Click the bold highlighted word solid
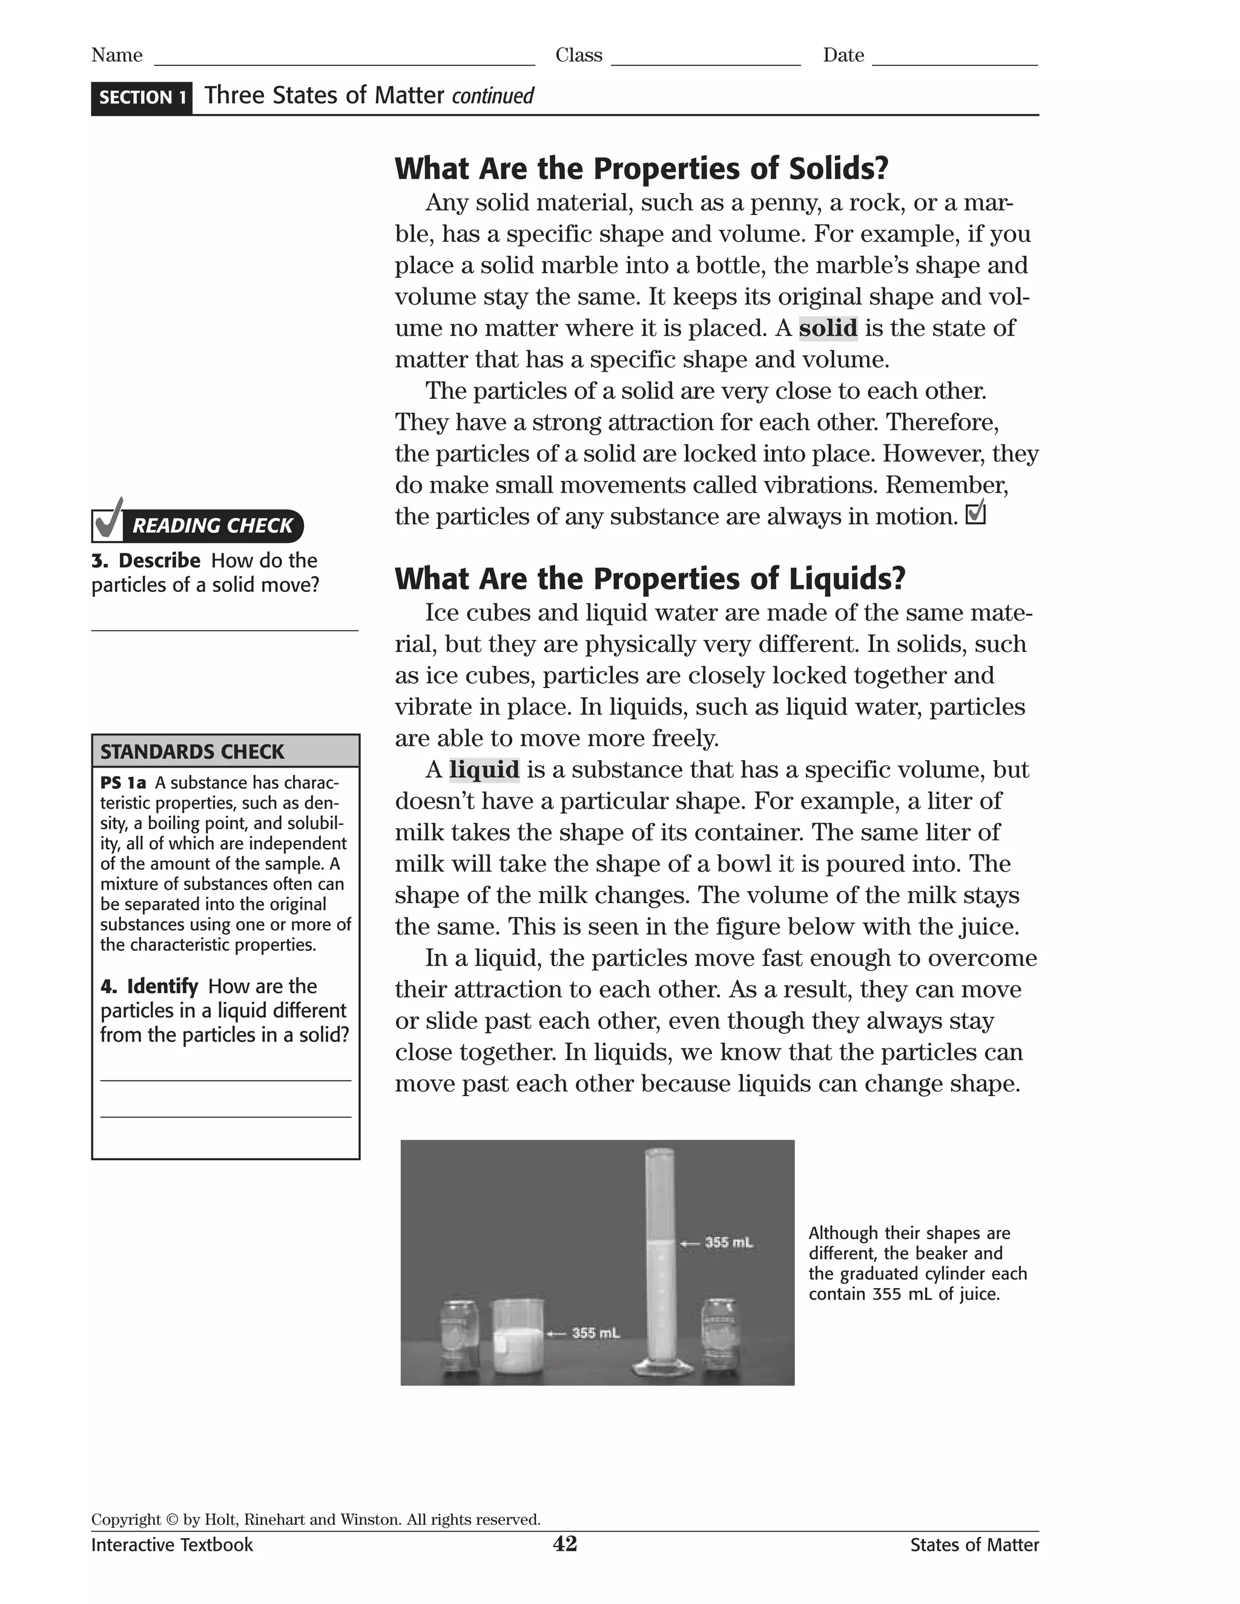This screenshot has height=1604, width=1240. tap(827, 327)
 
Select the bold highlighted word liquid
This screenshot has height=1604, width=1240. tap(484, 770)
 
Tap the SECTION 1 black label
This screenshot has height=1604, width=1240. tap(142, 97)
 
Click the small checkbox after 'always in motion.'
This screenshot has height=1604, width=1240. tap(975, 513)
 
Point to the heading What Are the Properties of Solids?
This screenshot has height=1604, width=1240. tap(641, 168)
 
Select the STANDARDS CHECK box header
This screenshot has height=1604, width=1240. tap(225, 751)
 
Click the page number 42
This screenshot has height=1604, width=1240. tap(565, 1544)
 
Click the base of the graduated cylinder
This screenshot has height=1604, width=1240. tap(662, 1367)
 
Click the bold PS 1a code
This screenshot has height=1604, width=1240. tap(123, 783)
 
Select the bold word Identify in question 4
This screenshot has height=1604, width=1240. tap(162, 985)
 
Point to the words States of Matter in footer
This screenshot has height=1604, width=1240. tap(974, 1545)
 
